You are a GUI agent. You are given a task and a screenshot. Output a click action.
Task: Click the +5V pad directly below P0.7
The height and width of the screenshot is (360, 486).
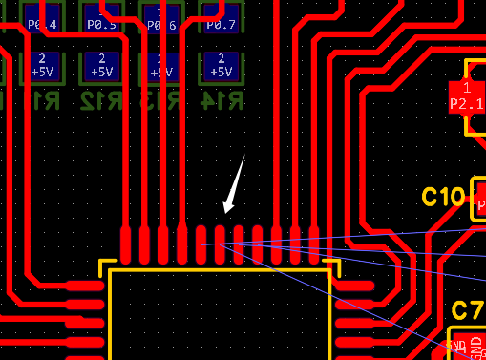[x=221, y=67]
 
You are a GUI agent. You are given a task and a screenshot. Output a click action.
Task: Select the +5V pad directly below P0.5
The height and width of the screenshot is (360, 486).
[x=101, y=67]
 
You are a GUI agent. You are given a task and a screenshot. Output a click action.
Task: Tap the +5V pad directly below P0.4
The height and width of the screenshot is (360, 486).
[x=42, y=67]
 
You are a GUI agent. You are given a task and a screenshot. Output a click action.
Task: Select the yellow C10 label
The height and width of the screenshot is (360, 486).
[x=443, y=198]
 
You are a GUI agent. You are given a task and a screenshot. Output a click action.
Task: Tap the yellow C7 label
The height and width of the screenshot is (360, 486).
[x=467, y=310]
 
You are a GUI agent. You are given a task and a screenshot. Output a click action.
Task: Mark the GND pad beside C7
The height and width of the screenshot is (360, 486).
[x=458, y=346]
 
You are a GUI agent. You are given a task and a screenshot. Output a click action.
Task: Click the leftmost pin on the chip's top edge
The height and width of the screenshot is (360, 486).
[x=126, y=244]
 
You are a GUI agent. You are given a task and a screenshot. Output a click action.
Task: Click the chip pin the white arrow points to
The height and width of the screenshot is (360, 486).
[x=220, y=244]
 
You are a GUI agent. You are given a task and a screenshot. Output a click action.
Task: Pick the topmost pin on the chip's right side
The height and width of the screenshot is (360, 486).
[x=356, y=285]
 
